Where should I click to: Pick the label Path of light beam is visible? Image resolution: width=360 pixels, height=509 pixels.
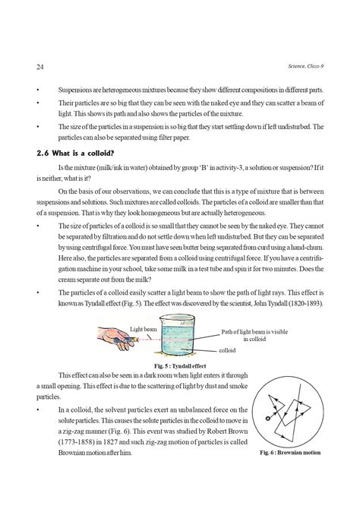257,332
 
